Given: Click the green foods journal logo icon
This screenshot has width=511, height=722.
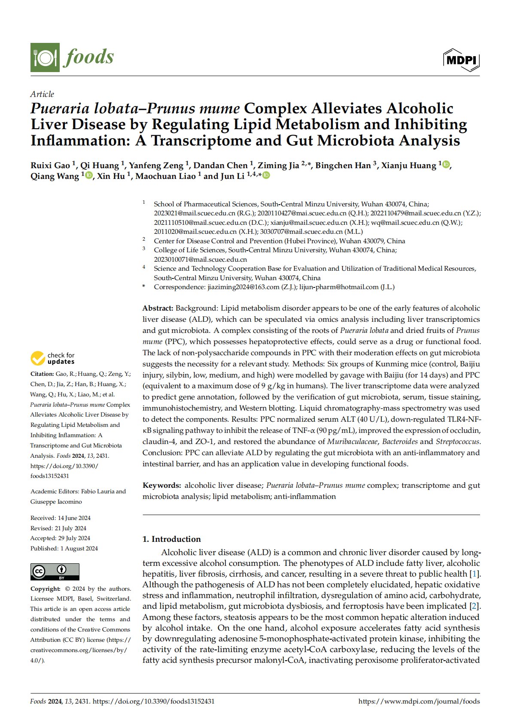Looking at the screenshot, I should point(45,57).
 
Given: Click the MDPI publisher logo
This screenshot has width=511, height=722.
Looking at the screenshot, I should point(461,60).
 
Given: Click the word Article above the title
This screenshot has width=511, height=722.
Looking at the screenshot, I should point(42,94).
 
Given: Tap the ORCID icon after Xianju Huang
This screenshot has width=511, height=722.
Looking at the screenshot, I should point(446,164).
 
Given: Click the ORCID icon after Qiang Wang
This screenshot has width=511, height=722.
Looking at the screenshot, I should point(89,175).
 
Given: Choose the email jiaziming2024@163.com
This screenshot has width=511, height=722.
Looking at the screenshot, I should point(243,287).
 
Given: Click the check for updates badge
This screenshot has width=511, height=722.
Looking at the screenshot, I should point(52,358).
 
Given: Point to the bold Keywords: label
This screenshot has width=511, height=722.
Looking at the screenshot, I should point(162,485).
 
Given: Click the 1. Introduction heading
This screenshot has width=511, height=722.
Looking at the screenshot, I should point(172,539).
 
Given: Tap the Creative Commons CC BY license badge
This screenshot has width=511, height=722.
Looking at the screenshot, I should point(55,572).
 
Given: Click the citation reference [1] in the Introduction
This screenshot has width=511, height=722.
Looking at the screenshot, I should point(474,574).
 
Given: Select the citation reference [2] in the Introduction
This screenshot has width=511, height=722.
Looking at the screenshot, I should point(474,606).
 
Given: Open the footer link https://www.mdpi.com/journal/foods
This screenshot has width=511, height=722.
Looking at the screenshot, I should point(419,701).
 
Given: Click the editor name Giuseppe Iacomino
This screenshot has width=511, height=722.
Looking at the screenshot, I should point(56,501).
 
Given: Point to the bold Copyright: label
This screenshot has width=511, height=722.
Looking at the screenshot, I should point(45,589).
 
